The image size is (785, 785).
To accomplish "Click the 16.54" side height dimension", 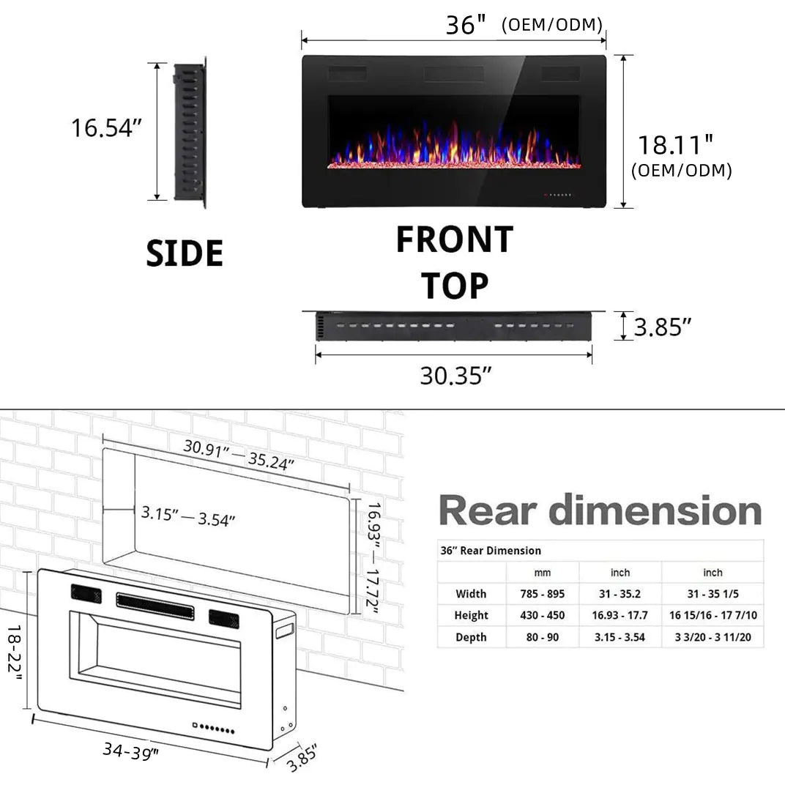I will [x=105, y=128].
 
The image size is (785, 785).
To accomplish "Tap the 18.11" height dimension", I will [x=674, y=145].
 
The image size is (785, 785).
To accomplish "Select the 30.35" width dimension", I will [x=455, y=376].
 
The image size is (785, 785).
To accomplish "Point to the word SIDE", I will [x=185, y=253].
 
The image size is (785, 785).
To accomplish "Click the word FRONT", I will [x=454, y=240].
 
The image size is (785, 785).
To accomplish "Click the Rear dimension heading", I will [x=600, y=510].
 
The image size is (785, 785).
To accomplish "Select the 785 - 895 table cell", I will [x=542, y=594].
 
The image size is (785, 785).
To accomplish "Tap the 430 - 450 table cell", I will [x=542, y=616].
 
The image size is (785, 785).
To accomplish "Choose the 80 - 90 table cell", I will [x=542, y=638].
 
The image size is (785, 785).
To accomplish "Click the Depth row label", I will [x=471, y=638].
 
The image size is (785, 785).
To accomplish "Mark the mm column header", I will [x=542, y=573].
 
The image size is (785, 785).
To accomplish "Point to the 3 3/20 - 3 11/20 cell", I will [x=713, y=638].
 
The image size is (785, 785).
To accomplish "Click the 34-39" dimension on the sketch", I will [x=131, y=751].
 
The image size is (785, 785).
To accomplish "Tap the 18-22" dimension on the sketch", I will [x=15, y=652].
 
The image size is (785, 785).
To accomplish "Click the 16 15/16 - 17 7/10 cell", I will [x=713, y=616].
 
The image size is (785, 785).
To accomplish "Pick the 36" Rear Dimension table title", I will [x=491, y=551].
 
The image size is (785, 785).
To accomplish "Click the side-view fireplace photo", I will [x=190, y=132].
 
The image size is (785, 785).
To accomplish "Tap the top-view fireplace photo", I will [x=454, y=327].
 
